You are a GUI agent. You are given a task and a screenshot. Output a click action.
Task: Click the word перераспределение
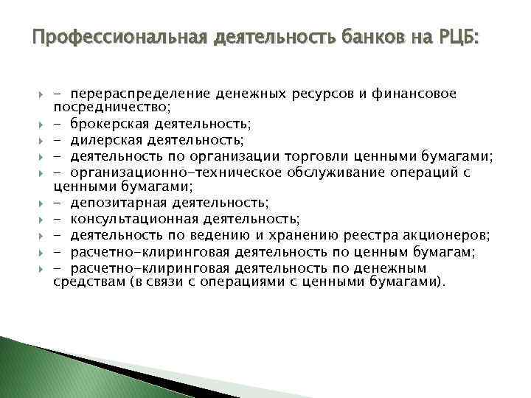[x=145, y=94]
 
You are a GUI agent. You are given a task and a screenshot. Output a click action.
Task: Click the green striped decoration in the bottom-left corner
[x=44, y=369]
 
